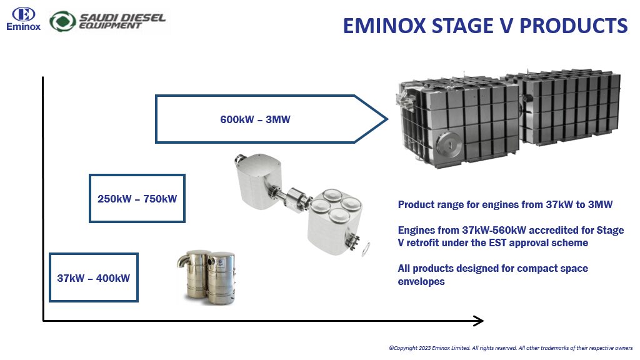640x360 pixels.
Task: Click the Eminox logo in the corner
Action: click(x=23, y=19)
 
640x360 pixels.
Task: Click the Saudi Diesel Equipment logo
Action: click(x=107, y=21)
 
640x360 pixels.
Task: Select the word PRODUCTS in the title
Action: click(x=574, y=26)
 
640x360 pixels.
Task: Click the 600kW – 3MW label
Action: click(x=255, y=119)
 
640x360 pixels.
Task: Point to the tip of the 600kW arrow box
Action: click(x=387, y=119)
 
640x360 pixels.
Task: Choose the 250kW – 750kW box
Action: click(x=137, y=199)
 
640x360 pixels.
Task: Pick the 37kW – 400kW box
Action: click(x=94, y=277)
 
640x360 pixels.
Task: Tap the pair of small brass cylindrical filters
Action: click(x=206, y=277)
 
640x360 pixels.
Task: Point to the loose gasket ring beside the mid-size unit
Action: click(x=366, y=249)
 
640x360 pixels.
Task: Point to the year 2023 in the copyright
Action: click(x=424, y=348)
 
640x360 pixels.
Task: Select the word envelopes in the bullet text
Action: click(x=421, y=282)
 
